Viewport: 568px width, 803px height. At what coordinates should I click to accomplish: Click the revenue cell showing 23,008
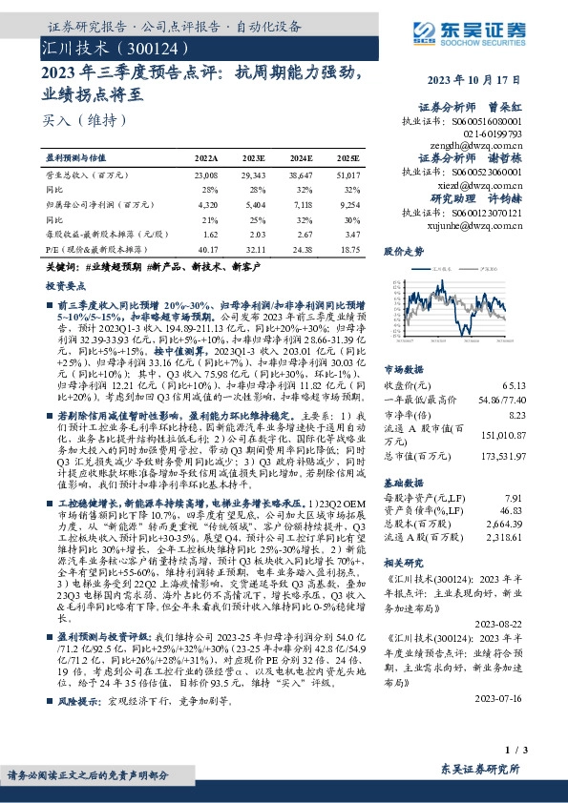[205, 176]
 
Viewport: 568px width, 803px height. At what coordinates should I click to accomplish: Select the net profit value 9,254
[348, 205]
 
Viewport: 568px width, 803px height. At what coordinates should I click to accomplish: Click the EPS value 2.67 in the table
[303, 233]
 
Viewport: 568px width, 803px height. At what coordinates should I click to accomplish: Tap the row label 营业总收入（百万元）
[81, 176]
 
